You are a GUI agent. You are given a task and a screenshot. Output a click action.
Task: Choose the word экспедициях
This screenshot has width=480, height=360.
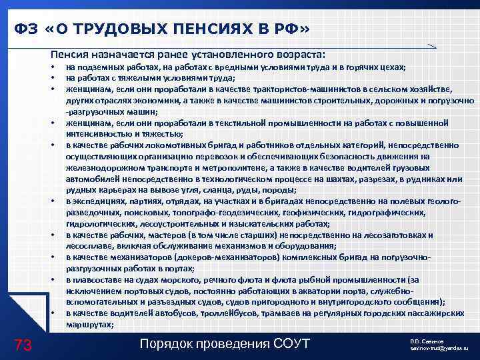(96, 201)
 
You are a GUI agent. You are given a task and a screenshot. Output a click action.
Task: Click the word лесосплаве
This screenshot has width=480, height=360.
(89, 245)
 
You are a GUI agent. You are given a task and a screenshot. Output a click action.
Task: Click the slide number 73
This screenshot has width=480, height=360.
(23, 344)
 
